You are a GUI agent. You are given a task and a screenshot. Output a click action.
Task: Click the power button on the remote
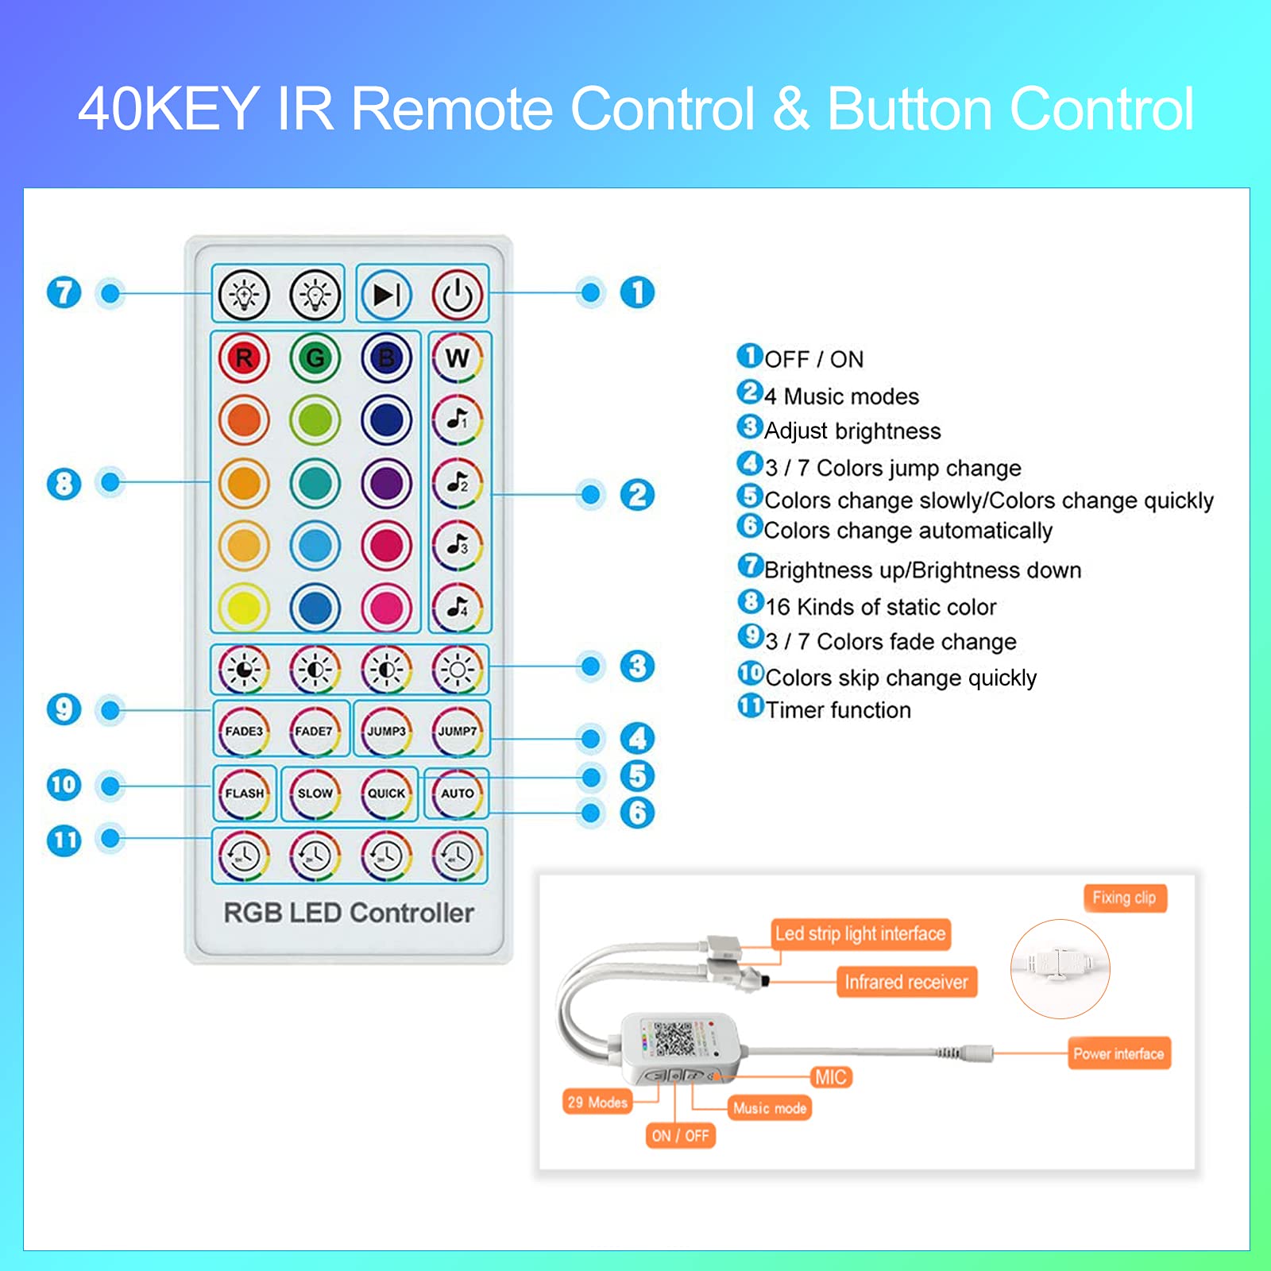(x=458, y=295)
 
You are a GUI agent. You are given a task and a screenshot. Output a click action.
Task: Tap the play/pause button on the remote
(x=386, y=295)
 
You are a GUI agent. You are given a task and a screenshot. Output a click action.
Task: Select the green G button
(x=315, y=357)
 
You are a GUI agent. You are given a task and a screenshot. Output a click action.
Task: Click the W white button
(x=458, y=357)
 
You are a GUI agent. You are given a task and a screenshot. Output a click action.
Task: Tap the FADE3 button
(x=244, y=731)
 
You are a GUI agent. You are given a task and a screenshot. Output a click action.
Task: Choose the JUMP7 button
(x=458, y=731)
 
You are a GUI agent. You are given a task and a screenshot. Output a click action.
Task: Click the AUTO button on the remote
(x=458, y=793)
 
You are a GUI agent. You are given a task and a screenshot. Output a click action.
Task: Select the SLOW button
(x=315, y=793)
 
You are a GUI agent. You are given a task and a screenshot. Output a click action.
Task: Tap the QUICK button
(x=386, y=793)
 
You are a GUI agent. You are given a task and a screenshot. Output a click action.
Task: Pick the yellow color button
(x=244, y=608)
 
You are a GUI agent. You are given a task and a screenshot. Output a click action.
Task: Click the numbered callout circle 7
(x=64, y=292)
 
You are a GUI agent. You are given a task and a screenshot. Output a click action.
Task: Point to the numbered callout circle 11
(x=64, y=840)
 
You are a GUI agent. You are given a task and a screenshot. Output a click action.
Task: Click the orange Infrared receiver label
(x=906, y=983)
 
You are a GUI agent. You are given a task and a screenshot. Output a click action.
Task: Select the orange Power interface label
(x=1118, y=1053)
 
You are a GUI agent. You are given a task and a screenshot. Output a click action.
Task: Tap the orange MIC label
(x=830, y=1077)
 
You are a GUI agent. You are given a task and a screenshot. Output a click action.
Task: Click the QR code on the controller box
(x=674, y=1039)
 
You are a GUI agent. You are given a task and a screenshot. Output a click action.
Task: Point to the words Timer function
(x=838, y=709)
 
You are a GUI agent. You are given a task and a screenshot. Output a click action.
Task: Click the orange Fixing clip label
(x=1124, y=898)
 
